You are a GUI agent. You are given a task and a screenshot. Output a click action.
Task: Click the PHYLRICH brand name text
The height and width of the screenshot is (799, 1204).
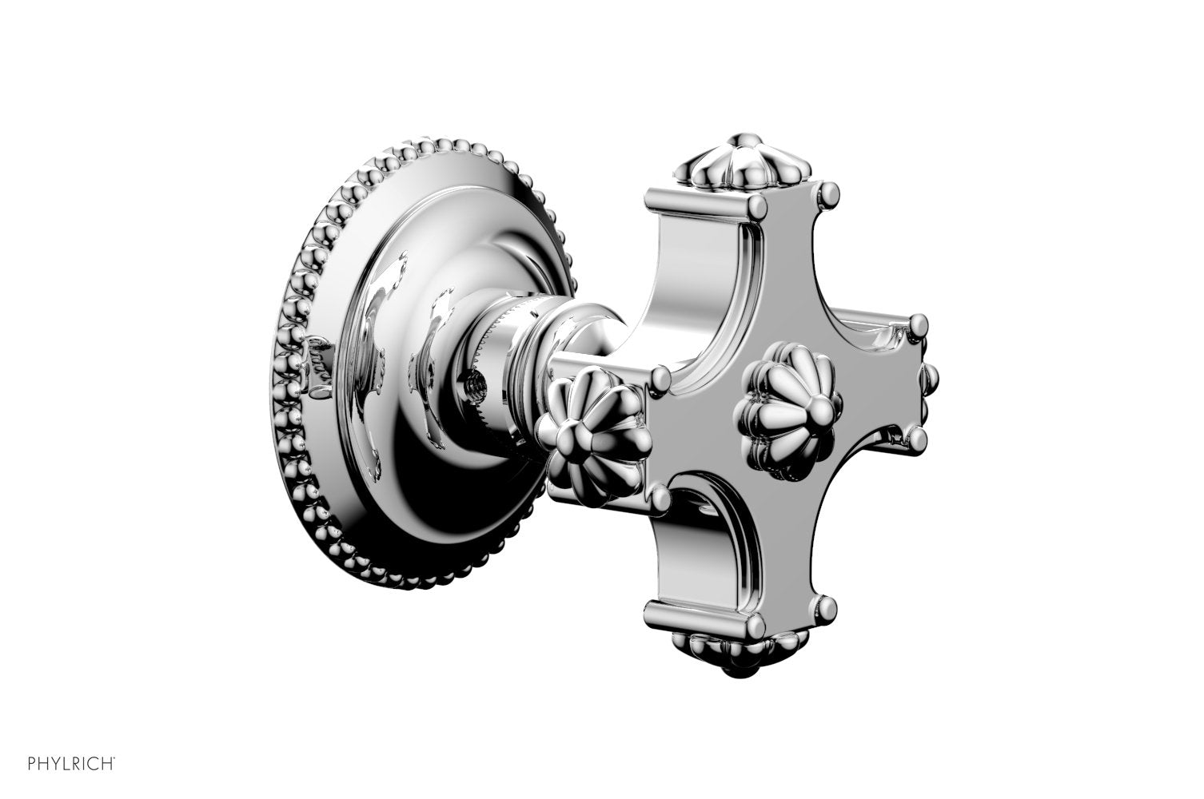point(70,764)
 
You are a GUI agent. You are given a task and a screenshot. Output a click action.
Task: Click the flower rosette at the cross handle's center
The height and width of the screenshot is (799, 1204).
point(789,411)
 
